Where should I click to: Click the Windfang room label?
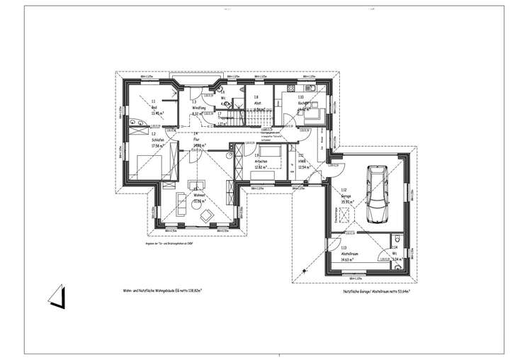point(198,108)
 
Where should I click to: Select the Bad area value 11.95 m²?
point(157,113)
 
